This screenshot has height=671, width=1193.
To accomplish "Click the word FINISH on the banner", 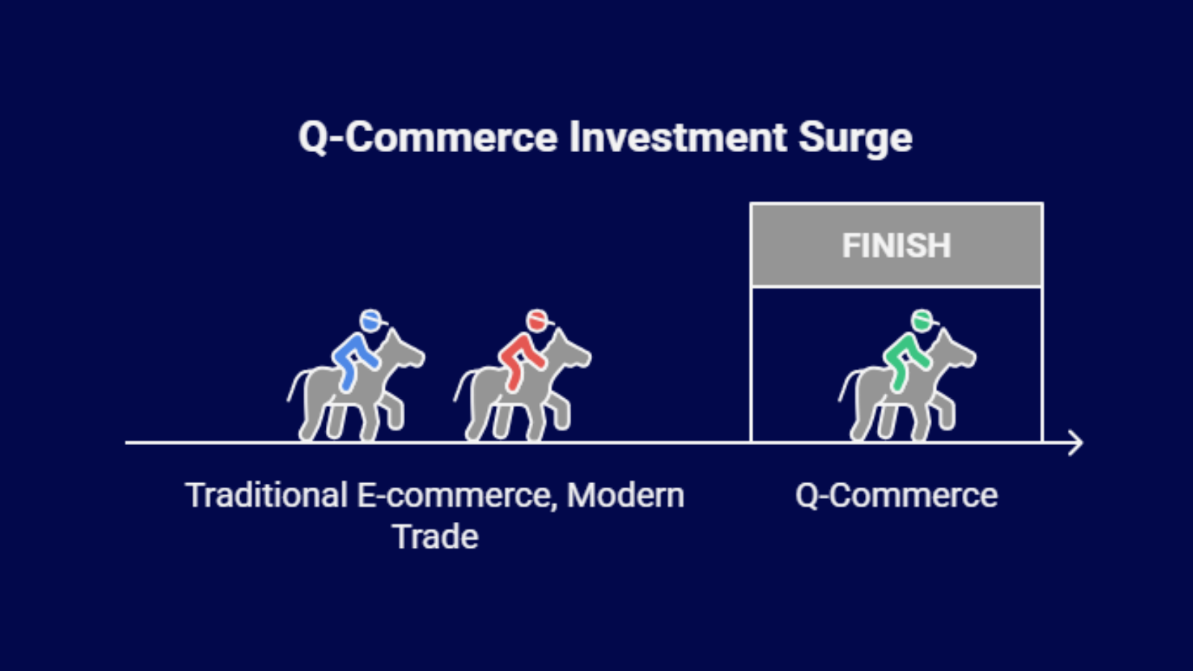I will click(x=896, y=246).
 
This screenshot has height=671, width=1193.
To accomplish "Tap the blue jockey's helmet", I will click(x=371, y=320).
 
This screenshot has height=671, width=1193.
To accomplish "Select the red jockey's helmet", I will click(x=537, y=320).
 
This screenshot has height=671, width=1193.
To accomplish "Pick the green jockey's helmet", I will click(x=922, y=320).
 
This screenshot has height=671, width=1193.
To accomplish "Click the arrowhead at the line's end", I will click(x=1076, y=442).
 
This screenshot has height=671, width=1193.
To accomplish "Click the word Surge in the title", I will click(x=855, y=138).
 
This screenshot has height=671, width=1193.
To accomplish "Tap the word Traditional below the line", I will click(x=266, y=496).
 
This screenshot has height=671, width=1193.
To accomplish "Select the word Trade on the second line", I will click(x=435, y=537).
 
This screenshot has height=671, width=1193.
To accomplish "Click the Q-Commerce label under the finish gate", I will click(x=896, y=496).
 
